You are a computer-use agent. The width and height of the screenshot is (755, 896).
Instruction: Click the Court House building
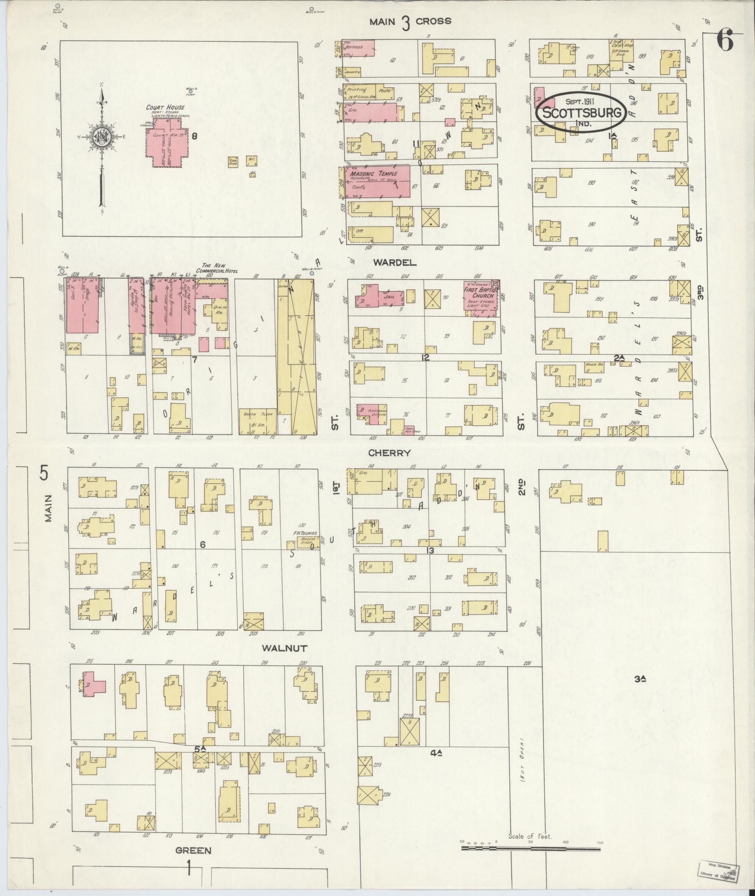(x=166, y=143)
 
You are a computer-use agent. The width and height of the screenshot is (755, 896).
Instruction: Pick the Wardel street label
(x=402, y=263)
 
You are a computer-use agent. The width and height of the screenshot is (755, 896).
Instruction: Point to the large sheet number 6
(x=725, y=42)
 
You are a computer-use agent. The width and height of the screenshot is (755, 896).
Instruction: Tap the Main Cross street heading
(x=410, y=22)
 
